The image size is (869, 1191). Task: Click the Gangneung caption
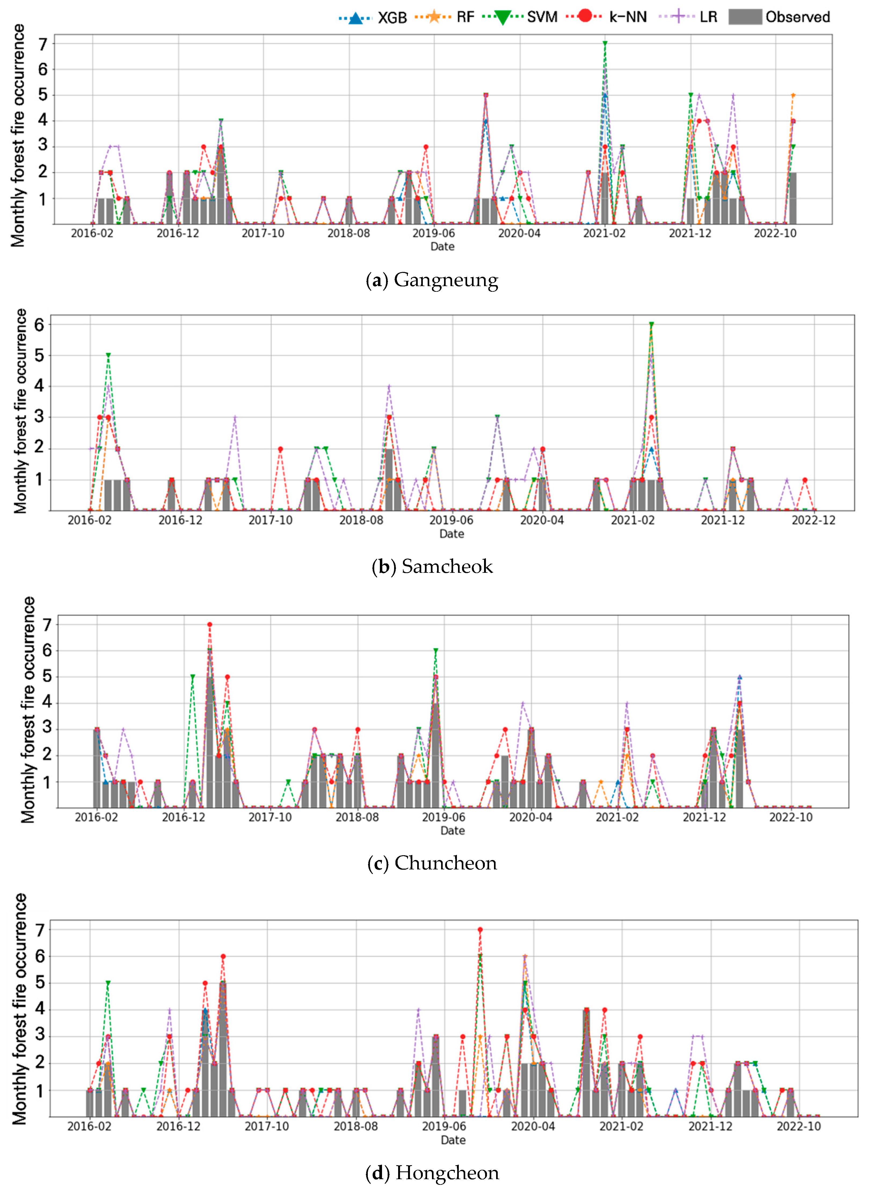coord(432,280)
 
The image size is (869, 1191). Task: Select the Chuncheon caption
coord(432,863)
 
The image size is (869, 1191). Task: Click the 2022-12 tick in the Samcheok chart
coord(813,520)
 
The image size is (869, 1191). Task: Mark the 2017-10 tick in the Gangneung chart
coord(263,233)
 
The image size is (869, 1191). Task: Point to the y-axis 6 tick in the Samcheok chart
coord(39,325)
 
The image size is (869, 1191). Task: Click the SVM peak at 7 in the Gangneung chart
coord(605,43)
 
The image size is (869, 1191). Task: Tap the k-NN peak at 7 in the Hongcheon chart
coord(480,930)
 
